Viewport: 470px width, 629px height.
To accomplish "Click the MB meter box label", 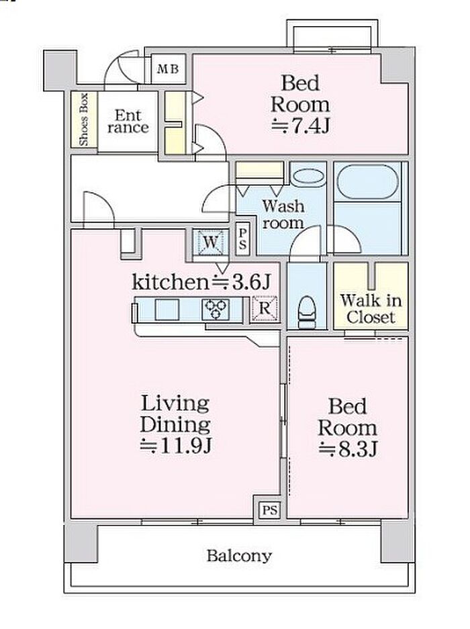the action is pyautogui.click(x=168, y=69).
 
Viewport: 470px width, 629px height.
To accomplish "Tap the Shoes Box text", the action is pyautogui.click(x=83, y=119).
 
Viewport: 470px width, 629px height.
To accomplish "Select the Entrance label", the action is pyautogui.click(x=128, y=122).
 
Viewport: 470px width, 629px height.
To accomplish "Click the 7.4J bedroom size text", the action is pyautogui.click(x=300, y=126).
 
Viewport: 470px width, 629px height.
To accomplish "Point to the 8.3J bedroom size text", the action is pyautogui.click(x=348, y=449).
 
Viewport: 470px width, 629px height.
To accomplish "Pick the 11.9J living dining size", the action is pyautogui.click(x=176, y=446).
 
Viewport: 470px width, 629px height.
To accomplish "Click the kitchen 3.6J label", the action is pyautogui.click(x=201, y=281).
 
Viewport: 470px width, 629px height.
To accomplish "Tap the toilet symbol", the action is pyautogui.click(x=308, y=313).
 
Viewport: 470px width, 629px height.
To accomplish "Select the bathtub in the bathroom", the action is pyautogui.click(x=368, y=182).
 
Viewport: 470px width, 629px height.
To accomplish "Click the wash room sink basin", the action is pyautogui.click(x=308, y=177).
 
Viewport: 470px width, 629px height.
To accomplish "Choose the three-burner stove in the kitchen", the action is pyautogui.click(x=216, y=309).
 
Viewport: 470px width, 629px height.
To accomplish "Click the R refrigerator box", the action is pyautogui.click(x=265, y=309).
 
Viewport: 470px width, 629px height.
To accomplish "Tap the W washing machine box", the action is pyautogui.click(x=211, y=242).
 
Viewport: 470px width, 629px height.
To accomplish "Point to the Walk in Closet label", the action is pyautogui.click(x=371, y=309).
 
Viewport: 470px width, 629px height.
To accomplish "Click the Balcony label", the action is pyautogui.click(x=239, y=556).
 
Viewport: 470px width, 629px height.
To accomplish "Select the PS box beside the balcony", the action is pyautogui.click(x=270, y=510).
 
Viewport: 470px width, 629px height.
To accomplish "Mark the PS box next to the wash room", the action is pyautogui.click(x=242, y=240).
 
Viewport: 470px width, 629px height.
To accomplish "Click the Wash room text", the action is pyautogui.click(x=283, y=215).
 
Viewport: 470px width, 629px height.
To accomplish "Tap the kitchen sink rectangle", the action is pyautogui.click(x=167, y=309).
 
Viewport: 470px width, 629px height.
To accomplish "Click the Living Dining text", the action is pyautogui.click(x=175, y=414).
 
